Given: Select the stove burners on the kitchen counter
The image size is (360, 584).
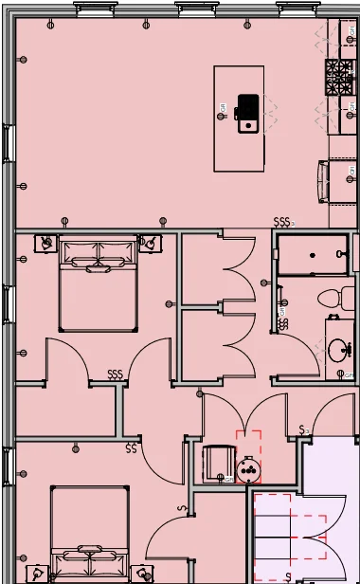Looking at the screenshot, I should point(338,77).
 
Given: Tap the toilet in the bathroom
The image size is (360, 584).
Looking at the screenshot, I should point(331,296).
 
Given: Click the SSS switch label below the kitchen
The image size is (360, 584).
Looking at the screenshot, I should point(281,222).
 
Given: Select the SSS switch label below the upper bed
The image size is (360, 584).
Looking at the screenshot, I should point(116,374).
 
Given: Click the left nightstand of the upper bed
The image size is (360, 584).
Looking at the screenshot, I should point(45,243).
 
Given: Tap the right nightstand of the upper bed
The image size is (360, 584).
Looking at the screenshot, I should point(149,243).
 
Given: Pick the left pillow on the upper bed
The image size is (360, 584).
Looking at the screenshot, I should point(80,253).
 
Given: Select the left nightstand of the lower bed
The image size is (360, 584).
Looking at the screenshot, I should point(35,573).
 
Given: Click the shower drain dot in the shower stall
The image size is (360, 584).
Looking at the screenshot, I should point(313,255).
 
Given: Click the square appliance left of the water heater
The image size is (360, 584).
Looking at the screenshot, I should point(219,463).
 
